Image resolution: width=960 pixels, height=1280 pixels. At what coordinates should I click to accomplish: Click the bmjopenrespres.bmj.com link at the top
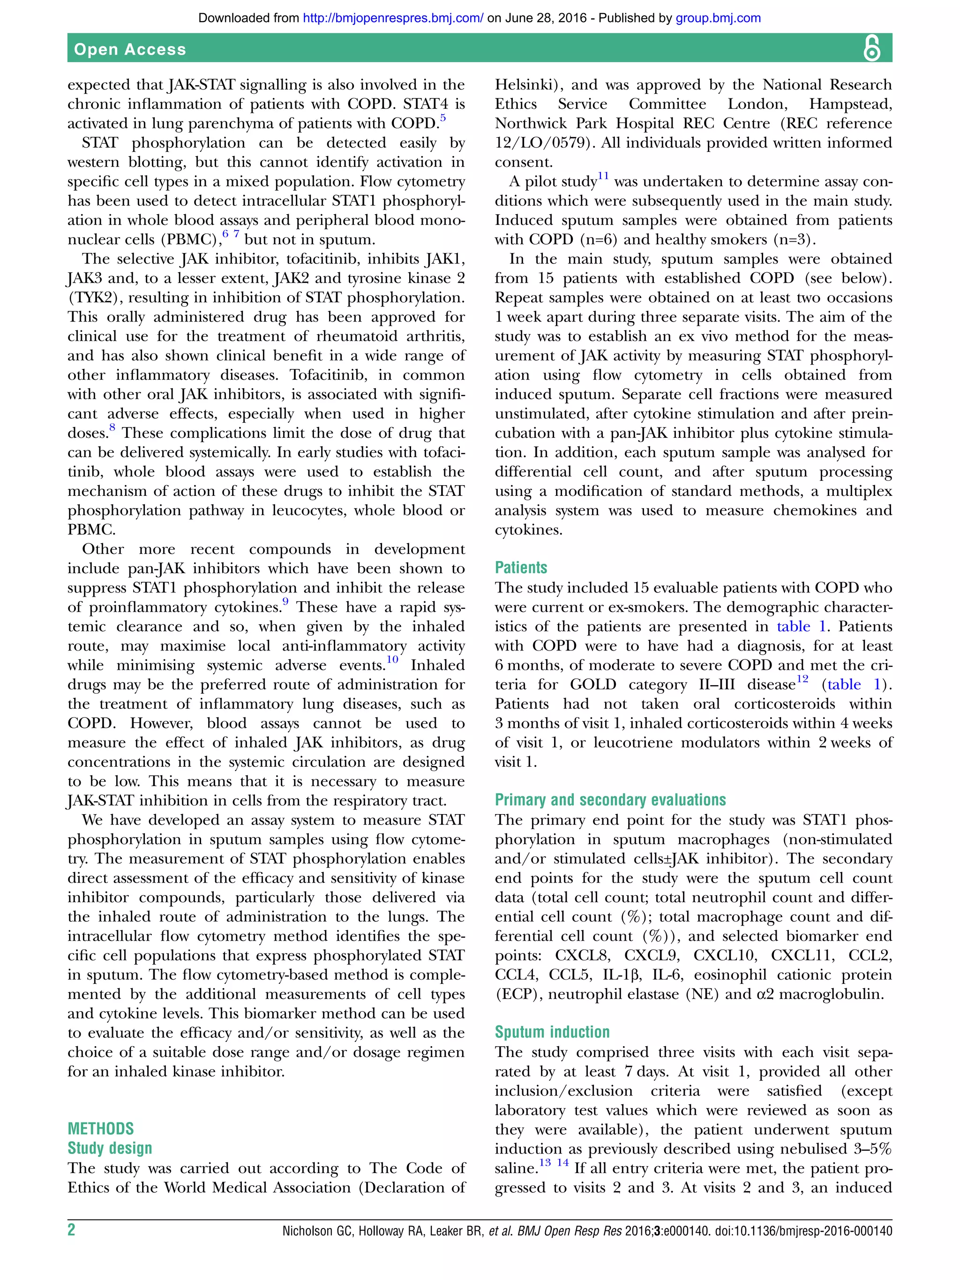[x=393, y=18]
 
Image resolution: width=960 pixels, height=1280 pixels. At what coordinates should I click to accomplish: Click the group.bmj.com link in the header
[x=718, y=18]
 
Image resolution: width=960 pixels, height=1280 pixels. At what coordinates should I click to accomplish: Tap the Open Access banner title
[x=130, y=49]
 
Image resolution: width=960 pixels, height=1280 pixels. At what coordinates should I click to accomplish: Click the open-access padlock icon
[x=871, y=48]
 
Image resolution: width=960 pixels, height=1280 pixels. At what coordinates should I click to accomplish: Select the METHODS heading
[x=101, y=1129]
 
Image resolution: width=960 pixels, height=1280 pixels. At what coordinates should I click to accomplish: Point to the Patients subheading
[x=521, y=567]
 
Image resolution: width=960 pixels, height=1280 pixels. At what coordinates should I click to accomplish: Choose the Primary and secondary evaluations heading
[x=610, y=800]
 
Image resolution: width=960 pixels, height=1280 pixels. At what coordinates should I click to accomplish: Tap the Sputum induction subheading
[x=552, y=1032]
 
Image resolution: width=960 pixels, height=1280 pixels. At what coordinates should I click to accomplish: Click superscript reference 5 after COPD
[x=442, y=118]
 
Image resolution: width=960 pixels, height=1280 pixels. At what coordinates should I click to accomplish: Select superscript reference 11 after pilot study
[x=603, y=176]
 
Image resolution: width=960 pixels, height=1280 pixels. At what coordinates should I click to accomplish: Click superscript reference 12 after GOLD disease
[x=802, y=679]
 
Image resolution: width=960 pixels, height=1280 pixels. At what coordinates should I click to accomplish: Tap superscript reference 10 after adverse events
[x=392, y=659]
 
